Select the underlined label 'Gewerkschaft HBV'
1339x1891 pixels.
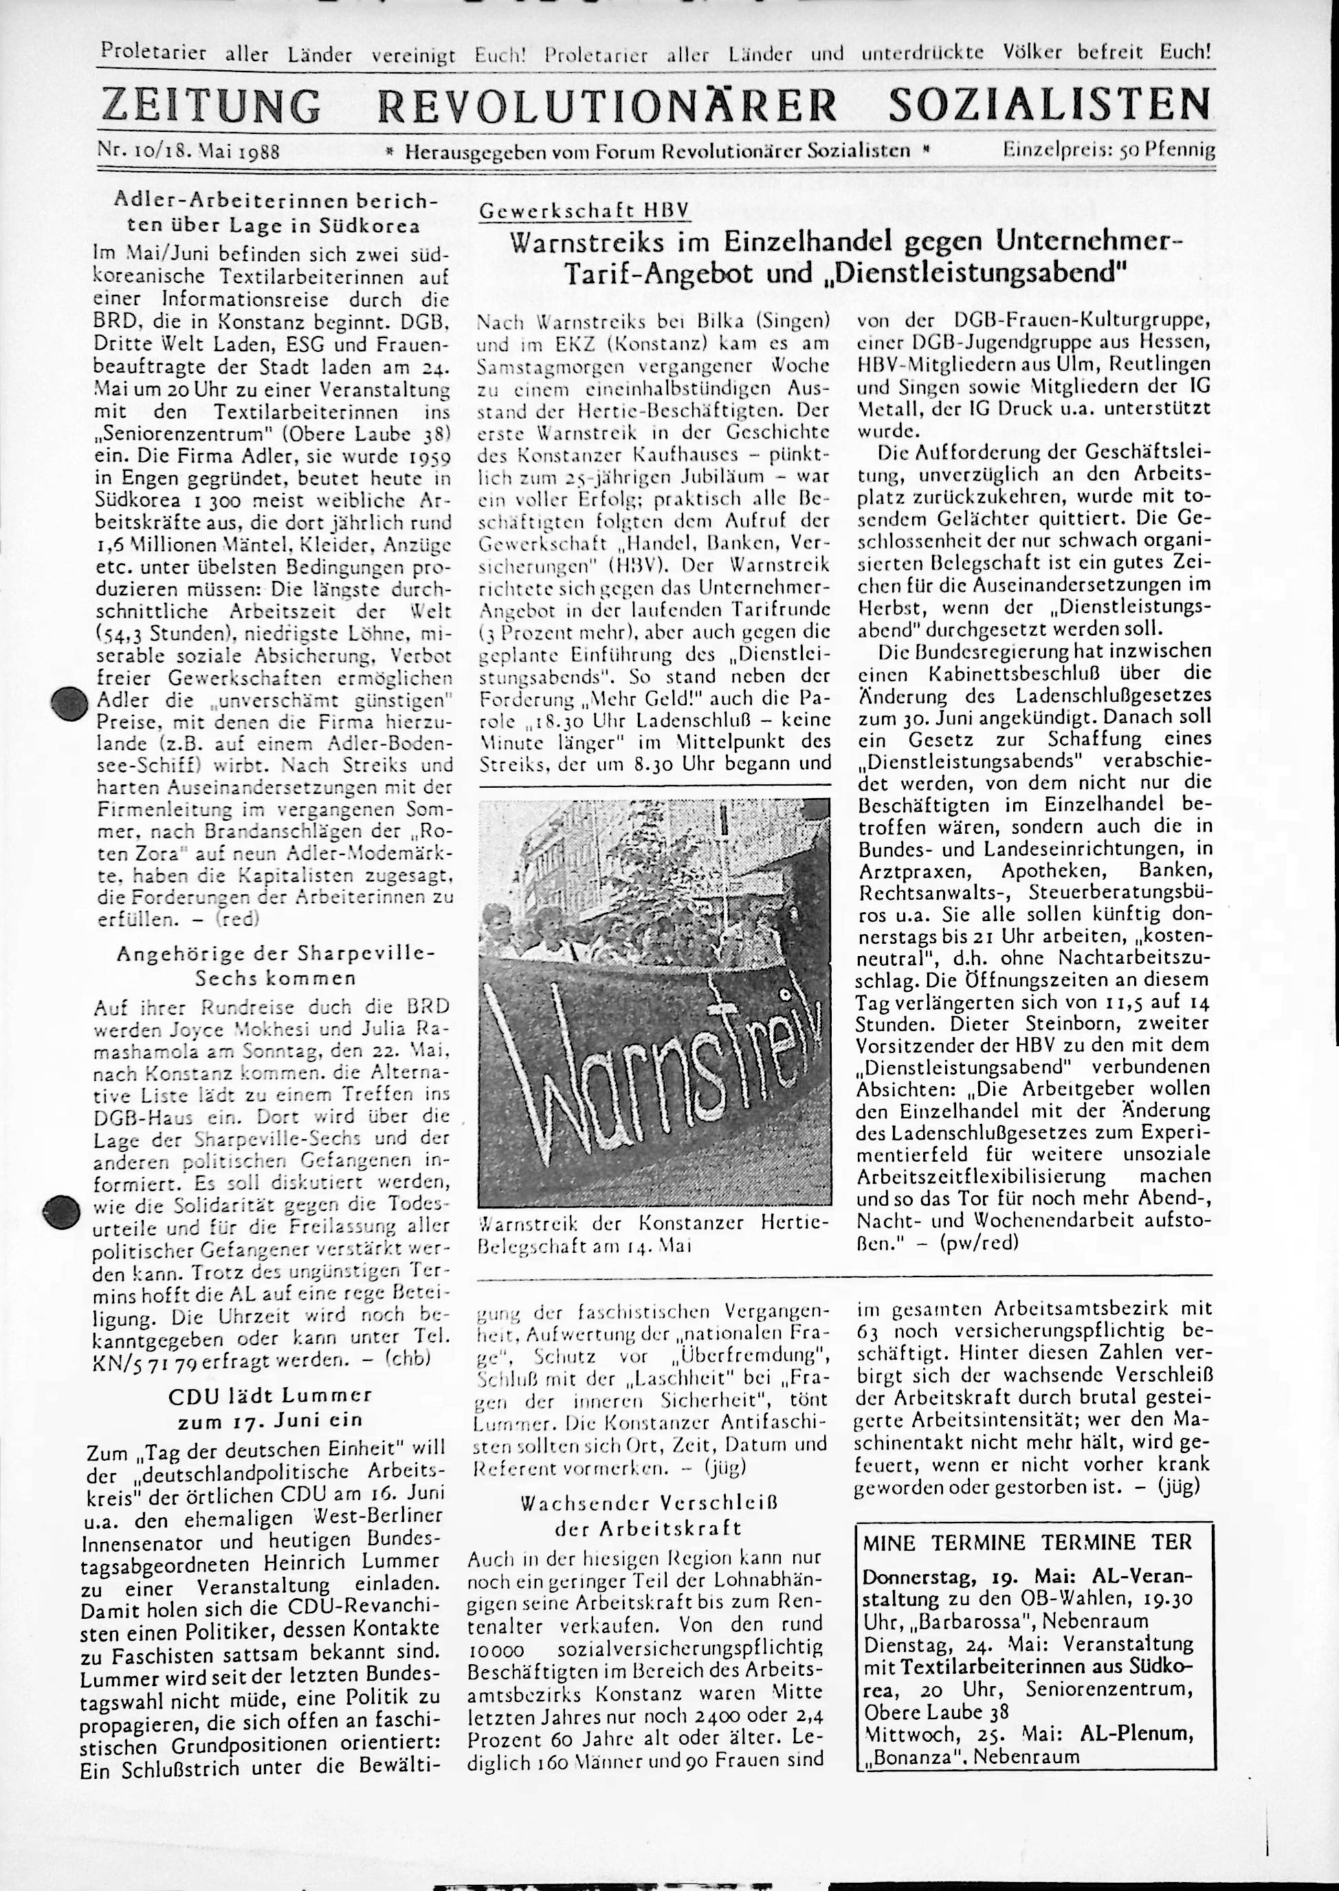pyautogui.click(x=582, y=212)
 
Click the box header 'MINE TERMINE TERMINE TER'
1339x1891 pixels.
pyautogui.click(x=1026, y=1542)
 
